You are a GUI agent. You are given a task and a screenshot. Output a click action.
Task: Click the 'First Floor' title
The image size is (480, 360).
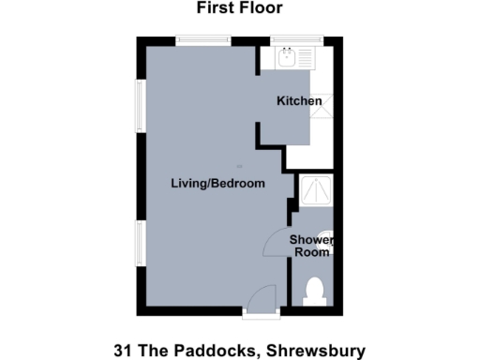click(239, 8)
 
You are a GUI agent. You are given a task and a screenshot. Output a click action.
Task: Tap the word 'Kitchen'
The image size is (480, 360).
click(299, 101)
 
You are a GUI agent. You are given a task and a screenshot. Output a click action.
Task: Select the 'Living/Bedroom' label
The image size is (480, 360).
click(217, 184)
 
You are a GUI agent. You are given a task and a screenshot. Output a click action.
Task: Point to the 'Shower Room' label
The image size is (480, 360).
click(312, 246)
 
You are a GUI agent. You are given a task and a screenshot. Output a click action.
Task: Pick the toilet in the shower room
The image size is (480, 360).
click(315, 291)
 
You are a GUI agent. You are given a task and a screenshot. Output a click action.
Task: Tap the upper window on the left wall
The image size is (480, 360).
click(140, 105)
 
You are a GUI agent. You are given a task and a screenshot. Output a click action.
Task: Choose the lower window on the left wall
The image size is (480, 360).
click(140, 244)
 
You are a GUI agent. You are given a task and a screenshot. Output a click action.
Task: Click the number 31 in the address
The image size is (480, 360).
click(123, 352)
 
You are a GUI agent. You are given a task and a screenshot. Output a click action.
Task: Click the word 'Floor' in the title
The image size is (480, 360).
click(262, 8)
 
